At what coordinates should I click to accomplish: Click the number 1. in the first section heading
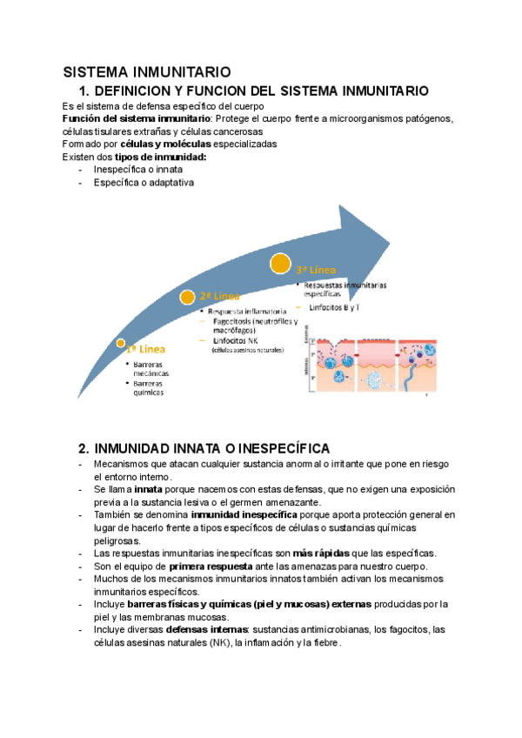pos(84,91)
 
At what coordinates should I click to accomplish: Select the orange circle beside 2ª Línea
pos(187,297)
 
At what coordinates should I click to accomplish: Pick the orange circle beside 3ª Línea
pos(280,262)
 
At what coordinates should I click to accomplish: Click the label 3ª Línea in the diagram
pos(316,271)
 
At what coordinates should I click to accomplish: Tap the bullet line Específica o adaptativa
pos(144,183)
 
